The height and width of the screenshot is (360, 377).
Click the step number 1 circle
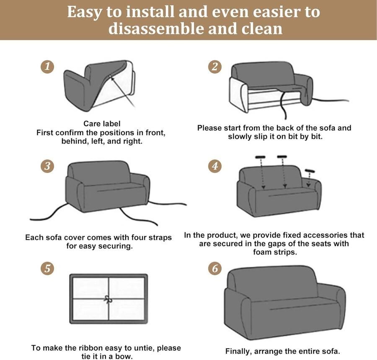[47, 66]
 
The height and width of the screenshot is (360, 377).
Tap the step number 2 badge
[215, 67]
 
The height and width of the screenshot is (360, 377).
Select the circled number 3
[47, 166]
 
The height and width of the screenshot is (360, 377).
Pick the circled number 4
[215, 166]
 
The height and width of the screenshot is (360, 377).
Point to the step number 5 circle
[47, 268]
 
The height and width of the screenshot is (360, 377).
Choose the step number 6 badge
[215, 268]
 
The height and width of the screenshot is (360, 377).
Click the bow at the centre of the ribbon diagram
[108, 299]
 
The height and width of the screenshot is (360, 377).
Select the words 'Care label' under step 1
[102, 123]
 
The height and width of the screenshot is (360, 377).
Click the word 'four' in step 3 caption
[139, 237]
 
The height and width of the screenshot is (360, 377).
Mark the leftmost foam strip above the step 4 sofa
[260, 157]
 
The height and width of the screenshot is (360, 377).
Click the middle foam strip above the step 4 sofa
[282, 157]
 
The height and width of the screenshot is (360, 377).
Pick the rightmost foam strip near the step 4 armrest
[310, 171]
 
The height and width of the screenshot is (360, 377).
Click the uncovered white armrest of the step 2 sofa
[238, 95]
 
